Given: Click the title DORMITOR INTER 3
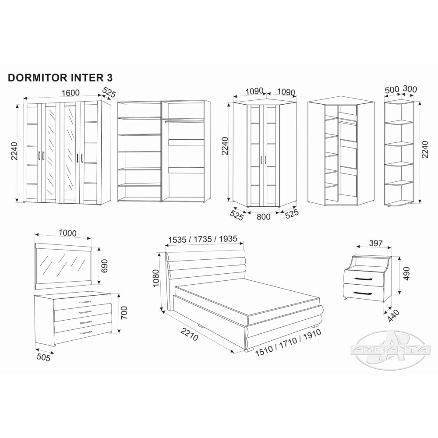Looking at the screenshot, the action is pos(60,78).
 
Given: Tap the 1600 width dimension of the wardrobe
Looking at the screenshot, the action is pos(71,92).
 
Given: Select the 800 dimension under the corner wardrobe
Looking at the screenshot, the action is pos(263,216).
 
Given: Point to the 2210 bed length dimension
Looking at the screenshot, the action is pos(189,334).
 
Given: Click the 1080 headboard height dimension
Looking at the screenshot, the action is pos(156,278).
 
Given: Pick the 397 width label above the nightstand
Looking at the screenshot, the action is pos(375,243).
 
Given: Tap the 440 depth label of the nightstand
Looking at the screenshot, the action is pos(394,316).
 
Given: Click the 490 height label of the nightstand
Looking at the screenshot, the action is pos(406,274).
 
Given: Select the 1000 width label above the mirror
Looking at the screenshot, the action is pos(68,233).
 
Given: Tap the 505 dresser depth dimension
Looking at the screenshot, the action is pos(43,357).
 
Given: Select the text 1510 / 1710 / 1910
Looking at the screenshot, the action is pos(288,343).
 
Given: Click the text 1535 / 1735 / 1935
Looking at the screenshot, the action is pos(203,239).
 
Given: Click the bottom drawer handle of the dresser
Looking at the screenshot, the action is pos(85,332).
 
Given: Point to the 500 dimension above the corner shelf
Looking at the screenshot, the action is pos(392,90).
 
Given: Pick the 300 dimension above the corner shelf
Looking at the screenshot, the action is pos(410,89).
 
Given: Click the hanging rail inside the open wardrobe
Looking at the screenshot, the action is pos(184,121).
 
